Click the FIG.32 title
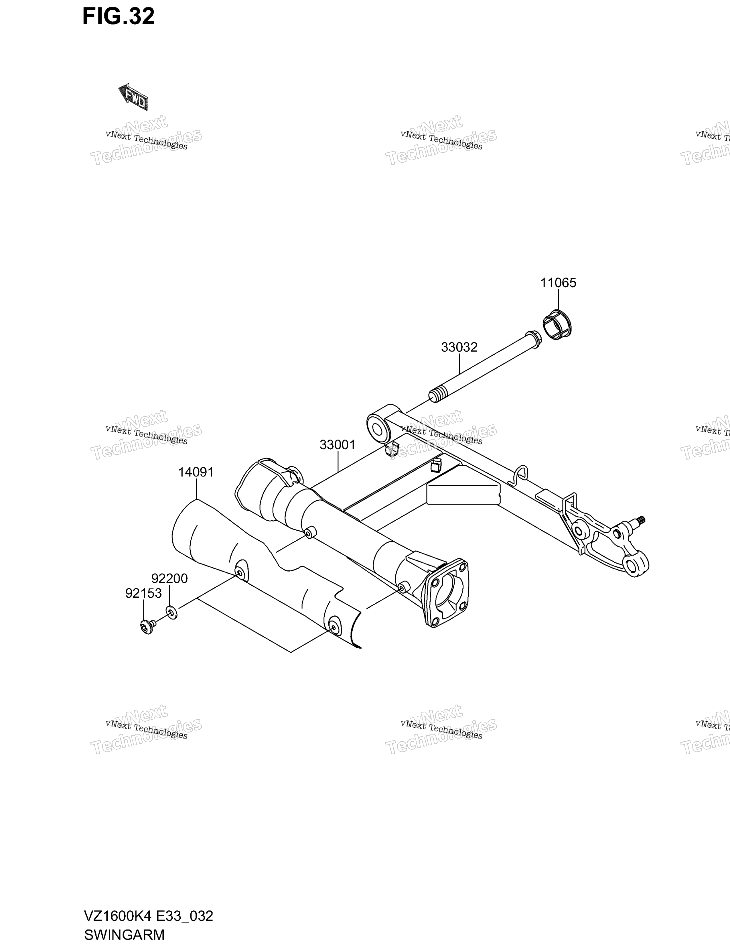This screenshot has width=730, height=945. click(x=119, y=16)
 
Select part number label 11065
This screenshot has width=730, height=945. click(x=558, y=283)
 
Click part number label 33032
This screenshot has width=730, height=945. click(x=459, y=347)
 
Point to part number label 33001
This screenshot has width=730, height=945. click(x=337, y=445)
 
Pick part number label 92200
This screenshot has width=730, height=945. click(x=169, y=578)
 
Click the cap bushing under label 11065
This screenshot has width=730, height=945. click(x=557, y=324)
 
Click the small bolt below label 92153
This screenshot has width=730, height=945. click(x=147, y=627)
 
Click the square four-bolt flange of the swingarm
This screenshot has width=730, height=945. click(x=445, y=593)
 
